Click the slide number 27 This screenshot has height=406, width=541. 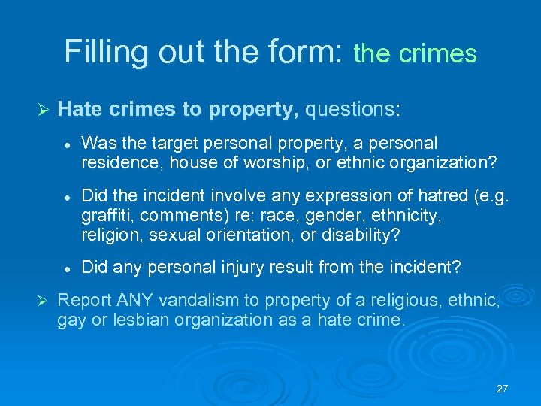coord(503,389)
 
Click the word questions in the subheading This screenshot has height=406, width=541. coord(349,110)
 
